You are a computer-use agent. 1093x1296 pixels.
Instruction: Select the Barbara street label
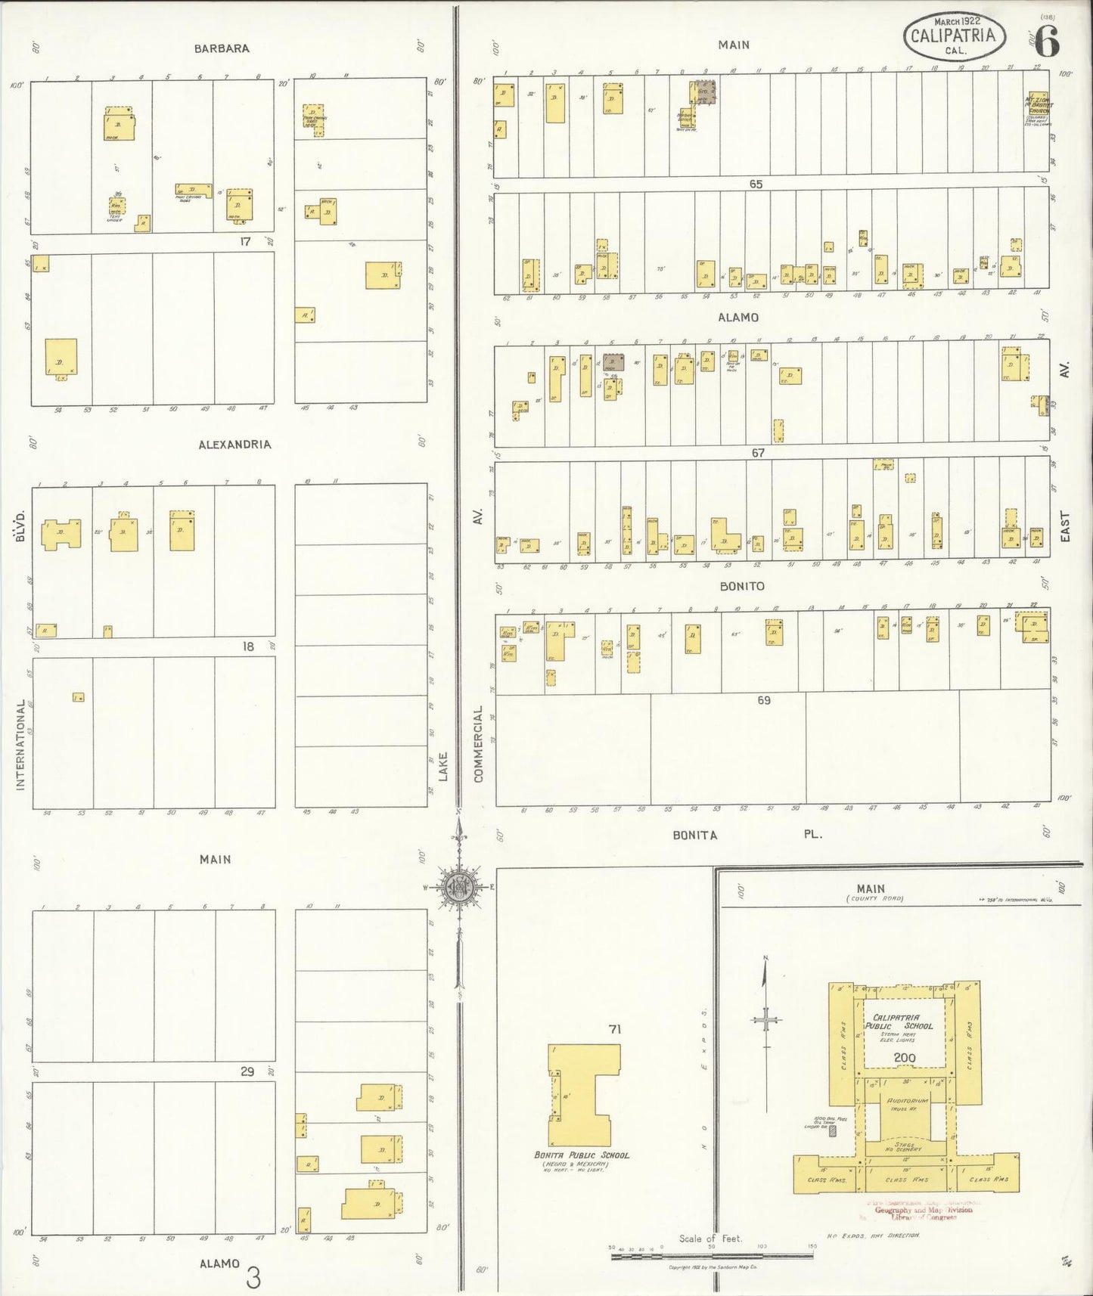(x=222, y=48)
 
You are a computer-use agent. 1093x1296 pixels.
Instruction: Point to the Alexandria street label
(x=234, y=445)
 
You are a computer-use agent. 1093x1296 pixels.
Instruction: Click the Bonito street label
(x=741, y=586)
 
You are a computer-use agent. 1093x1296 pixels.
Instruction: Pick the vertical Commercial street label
(x=478, y=744)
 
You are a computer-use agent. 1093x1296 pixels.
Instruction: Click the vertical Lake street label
(x=443, y=766)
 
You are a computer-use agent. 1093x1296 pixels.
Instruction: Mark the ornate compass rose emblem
(x=459, y=888)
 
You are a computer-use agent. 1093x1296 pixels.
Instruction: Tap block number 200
(x=905, y=1057)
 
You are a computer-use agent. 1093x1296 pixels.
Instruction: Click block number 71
(x=614, y=1029)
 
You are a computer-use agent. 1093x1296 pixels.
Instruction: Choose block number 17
(x=244, y=241)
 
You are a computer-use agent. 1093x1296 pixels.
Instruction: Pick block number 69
(x=764, y=700)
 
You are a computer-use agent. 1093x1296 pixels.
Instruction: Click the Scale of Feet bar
(x=711, y=1256)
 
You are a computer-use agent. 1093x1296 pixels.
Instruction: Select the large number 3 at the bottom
(x=253, y=1279)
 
